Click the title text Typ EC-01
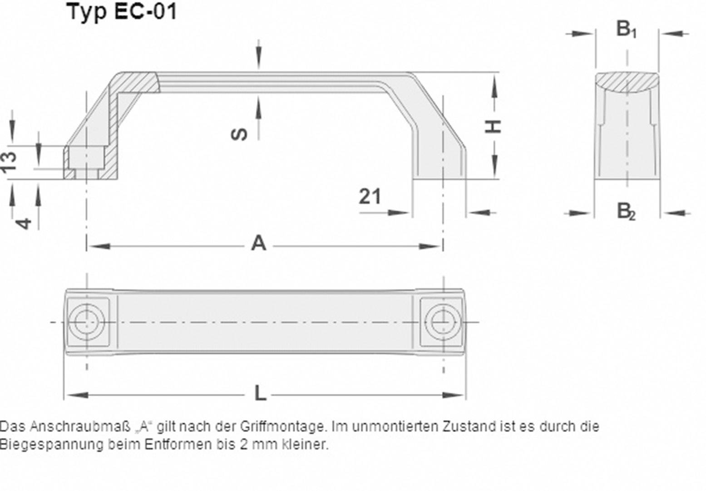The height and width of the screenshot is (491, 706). (122, 11)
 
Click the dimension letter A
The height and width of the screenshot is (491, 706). (258, 244)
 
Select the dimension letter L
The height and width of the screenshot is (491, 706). (260, 394)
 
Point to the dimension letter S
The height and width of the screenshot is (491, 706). (240, 134)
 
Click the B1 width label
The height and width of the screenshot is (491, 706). (627, 29)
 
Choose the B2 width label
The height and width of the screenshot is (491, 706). (626, 211)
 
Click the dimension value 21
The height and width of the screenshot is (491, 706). (370, 197)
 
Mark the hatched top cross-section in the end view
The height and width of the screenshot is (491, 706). (627, 83)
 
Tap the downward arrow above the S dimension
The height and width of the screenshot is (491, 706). (258, 57)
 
